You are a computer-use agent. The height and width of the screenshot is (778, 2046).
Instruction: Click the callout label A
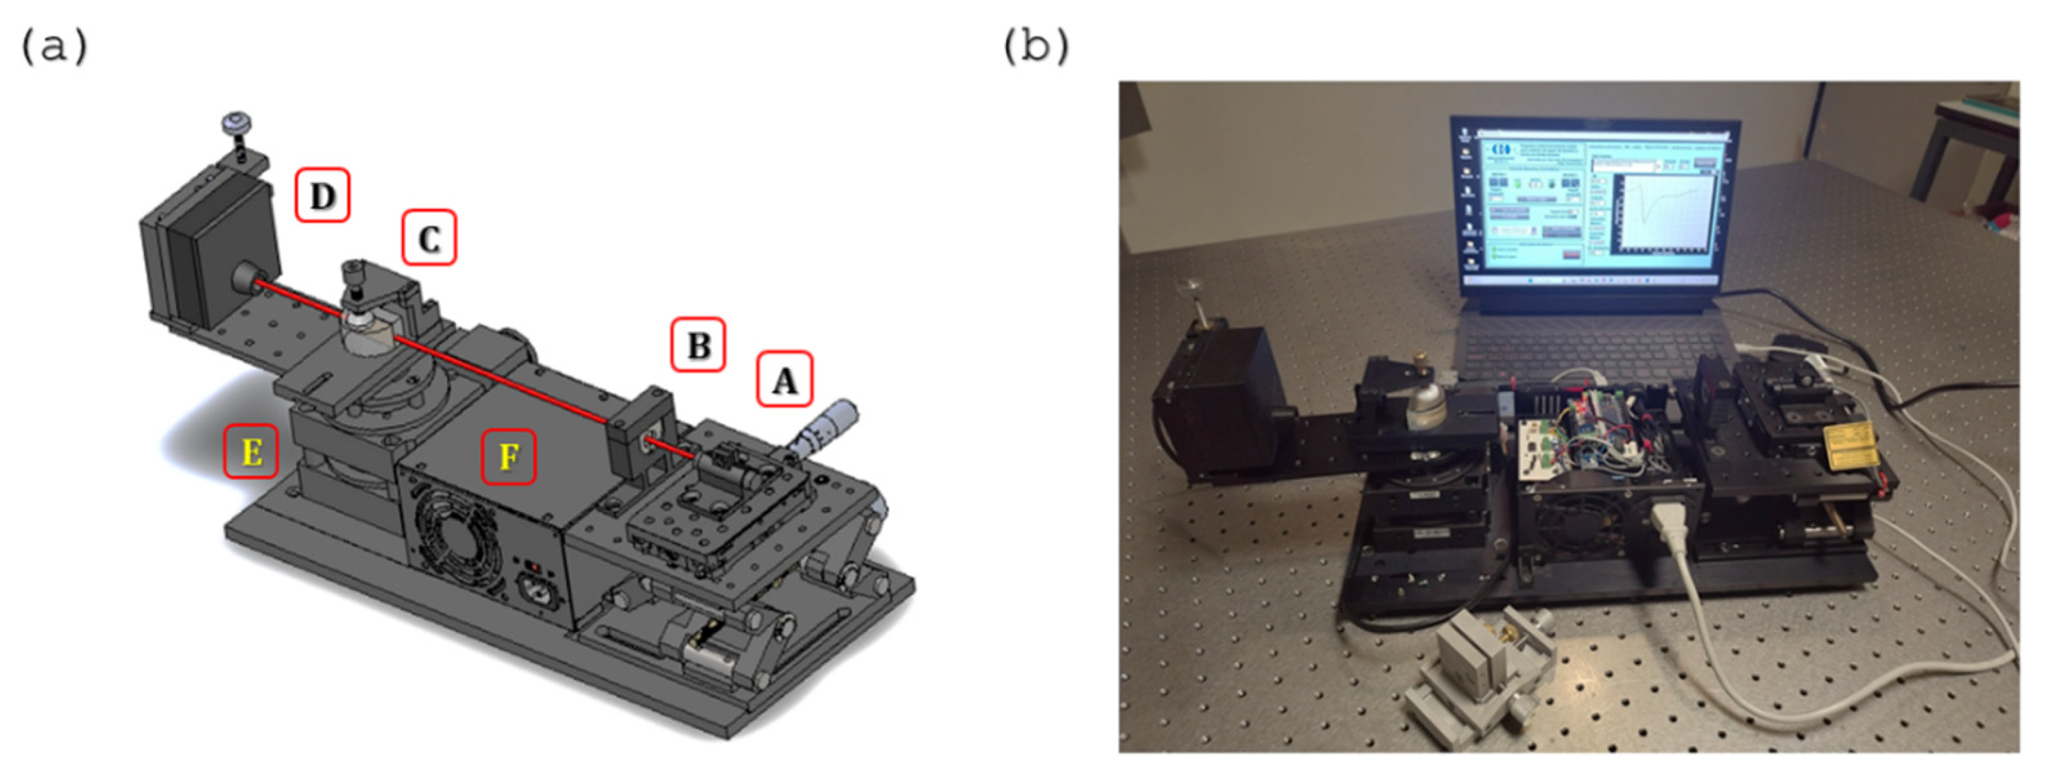[x=784, y=380]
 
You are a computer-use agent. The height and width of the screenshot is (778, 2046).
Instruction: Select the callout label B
[x=698, y=345]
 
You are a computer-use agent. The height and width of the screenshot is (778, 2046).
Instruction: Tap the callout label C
[x=429, y=237]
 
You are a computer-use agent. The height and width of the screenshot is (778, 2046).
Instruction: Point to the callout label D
[x=322, y=195]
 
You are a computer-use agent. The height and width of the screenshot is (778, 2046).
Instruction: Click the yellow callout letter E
[x=251, y=451]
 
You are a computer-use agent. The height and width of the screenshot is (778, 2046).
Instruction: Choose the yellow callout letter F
[x=508, y=457]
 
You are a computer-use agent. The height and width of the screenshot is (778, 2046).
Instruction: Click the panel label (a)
[x=54, y=47]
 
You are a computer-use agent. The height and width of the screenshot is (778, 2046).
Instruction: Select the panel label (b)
[x=1037, y=47]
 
